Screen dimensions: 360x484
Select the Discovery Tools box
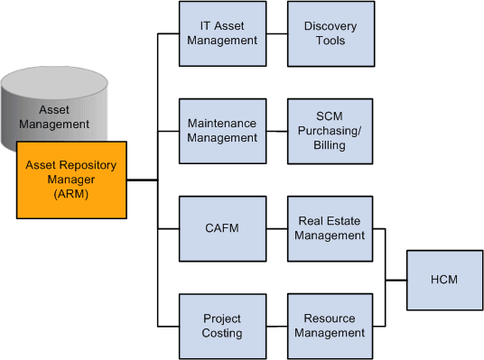330,33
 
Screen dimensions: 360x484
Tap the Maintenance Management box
222,130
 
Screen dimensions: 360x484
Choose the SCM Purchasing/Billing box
330,130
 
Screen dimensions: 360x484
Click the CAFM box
222,227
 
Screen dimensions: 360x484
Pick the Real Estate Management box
330,227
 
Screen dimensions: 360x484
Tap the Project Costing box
222,325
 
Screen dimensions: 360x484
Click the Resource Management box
330,325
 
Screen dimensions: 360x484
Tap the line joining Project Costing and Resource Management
276,326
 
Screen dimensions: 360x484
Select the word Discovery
330,26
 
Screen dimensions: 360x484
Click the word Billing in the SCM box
330,144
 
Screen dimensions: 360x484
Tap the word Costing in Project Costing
222,333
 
